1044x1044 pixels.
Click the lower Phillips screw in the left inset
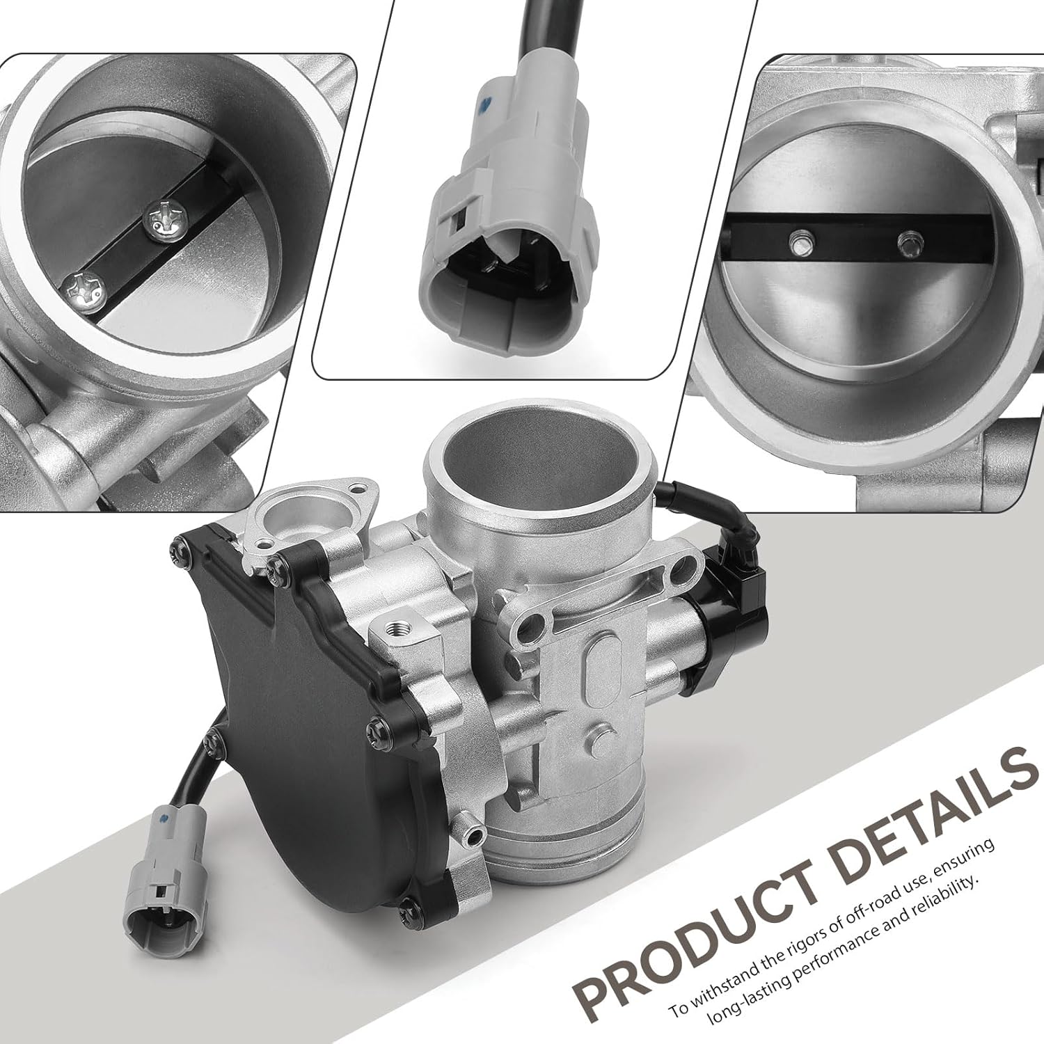coord(84,286)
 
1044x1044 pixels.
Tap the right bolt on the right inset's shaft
coord(905,242)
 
